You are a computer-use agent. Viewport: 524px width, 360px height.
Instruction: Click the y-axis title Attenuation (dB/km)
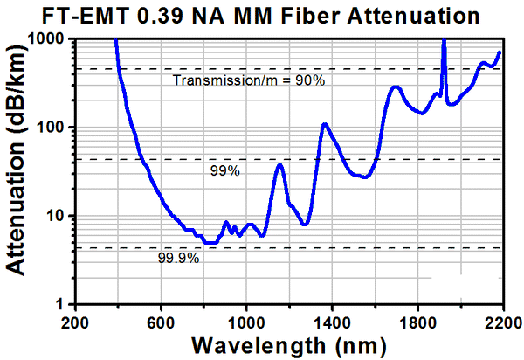click(x=19, y=171)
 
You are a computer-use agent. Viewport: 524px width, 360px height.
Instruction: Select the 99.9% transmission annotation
click(x=179, y=259)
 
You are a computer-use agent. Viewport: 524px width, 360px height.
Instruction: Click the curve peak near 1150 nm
click(x=279, y=164)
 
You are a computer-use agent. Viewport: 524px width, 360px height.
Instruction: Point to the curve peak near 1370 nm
click(x=325, y=124)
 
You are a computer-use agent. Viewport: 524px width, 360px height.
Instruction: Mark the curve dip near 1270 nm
click(x=303, y=225)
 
